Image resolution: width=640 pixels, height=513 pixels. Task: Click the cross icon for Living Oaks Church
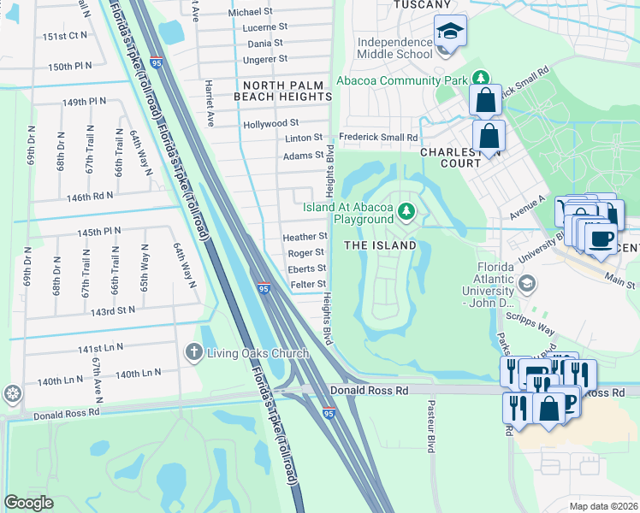[x=194, y=351]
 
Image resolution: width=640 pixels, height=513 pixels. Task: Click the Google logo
[x=29, y=503]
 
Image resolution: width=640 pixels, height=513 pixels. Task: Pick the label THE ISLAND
[x=380, y=245]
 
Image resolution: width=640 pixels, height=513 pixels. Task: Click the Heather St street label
[x=305, y=236]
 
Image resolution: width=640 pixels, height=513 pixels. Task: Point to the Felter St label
[x=308, y=284]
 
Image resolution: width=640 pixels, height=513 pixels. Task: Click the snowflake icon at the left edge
[x=12, y=394]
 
